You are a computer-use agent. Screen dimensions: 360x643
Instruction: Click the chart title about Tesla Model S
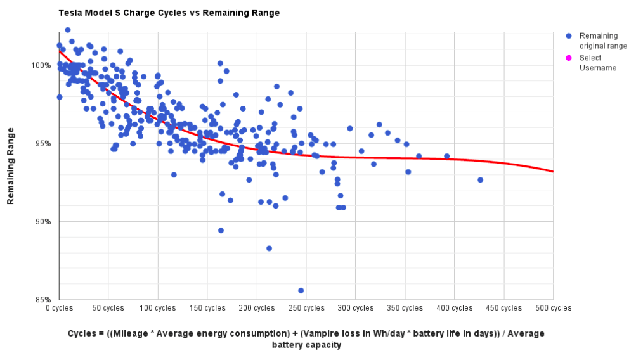pos(169,13)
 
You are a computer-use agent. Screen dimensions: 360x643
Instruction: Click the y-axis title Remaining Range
pos(11,165)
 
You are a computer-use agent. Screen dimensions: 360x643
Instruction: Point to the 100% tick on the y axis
pos(42,65)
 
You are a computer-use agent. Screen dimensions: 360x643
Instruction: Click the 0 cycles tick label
pos(59,309)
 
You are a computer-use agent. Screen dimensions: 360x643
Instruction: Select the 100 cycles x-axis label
pos(158,309)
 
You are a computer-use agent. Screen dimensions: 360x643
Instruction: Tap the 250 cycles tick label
pos(306,309)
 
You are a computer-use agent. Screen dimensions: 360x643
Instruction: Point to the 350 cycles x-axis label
pos(405,309)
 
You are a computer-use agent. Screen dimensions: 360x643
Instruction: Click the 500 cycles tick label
pos(554,309)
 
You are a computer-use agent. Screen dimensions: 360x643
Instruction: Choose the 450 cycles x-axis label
pos(504,309)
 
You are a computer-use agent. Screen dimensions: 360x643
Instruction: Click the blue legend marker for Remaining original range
pos(569,36)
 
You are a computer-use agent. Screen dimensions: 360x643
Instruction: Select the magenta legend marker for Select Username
pos(569,58)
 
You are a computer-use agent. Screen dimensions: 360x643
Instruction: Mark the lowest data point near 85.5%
pos(301,290)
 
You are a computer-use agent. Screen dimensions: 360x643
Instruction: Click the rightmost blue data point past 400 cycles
pos(480,180)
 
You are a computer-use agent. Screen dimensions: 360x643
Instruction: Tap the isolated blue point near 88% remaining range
pos(269,248)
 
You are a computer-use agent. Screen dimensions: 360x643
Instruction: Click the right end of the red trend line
pos(553,172)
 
